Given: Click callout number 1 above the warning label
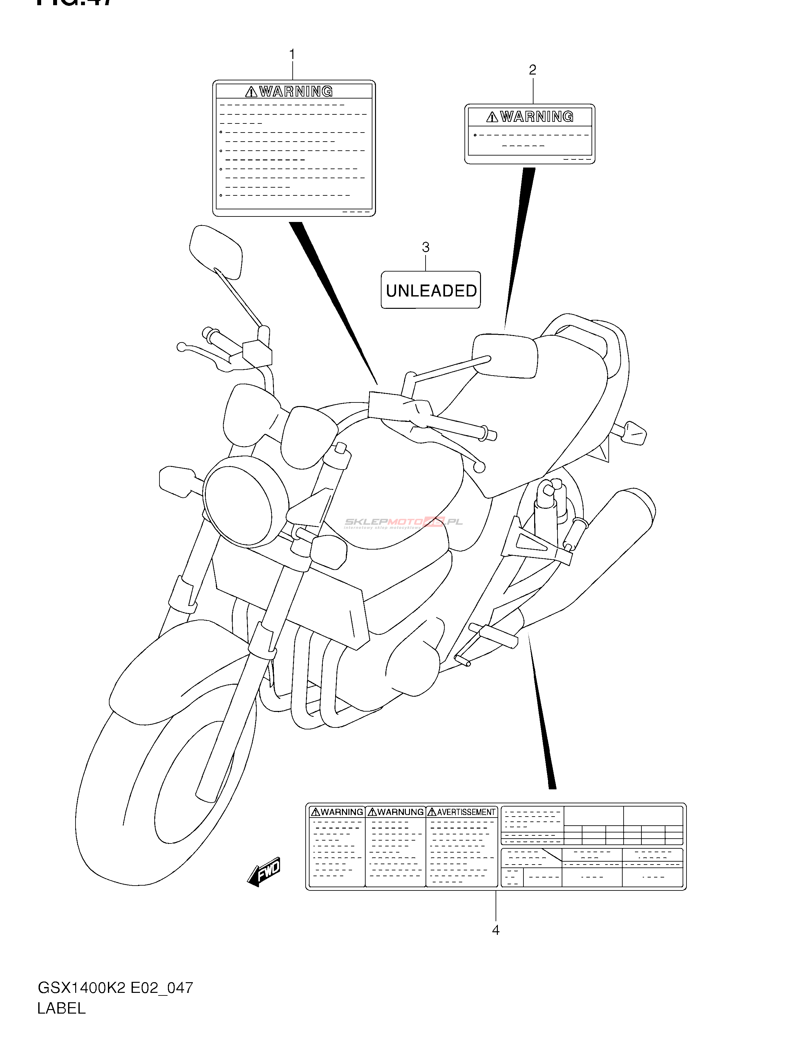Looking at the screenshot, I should (x=292, y=54).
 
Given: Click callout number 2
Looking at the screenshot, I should (x=532, y=70).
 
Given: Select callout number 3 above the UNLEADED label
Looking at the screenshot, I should (x=425, y=247).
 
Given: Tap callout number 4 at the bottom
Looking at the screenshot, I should (x=496, y=930).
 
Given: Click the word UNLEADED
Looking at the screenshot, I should (x=431, y=291).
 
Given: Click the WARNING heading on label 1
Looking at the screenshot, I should (x=296, y=91).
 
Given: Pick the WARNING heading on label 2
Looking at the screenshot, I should (x=536, y=116).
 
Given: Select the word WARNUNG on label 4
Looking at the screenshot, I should (x=400, y=812).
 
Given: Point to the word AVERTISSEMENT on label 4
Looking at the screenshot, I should (x=465, y=812).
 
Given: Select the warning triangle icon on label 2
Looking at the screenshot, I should (x=492, y=117).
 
